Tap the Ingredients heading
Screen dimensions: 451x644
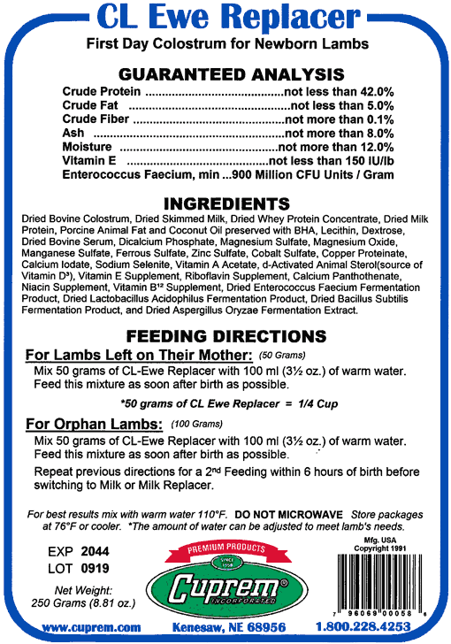click(226, 203)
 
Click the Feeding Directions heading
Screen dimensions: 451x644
click(225, 337)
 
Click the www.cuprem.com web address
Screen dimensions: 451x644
click(92, 627)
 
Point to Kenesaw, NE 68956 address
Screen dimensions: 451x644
click(229, 627)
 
